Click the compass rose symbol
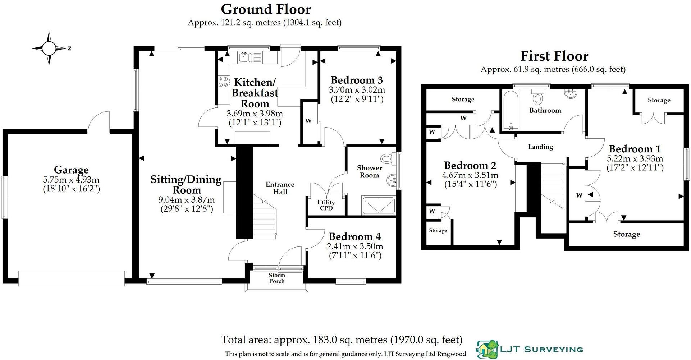click(x=49, y=48)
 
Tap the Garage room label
click(x=71, y=170)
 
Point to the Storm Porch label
click(x=276, y=278)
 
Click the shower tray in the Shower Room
click(x=378, y=206)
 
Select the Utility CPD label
click(x=326, y=205)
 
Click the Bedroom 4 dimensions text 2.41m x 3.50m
click(x=354, y=246)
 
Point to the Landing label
click(x=540, y=147)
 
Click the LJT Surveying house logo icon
click(x=487, y=349)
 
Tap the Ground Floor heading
click(x=266, y=9)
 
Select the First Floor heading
click(x=554, y=56)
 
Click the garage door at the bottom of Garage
click(x=72, y=278)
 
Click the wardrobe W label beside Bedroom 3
click(x=308, y=121)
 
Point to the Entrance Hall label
click(x=280, y=188)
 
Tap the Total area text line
click(x=342, y=340)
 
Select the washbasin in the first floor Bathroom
click(x=571, y=94)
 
